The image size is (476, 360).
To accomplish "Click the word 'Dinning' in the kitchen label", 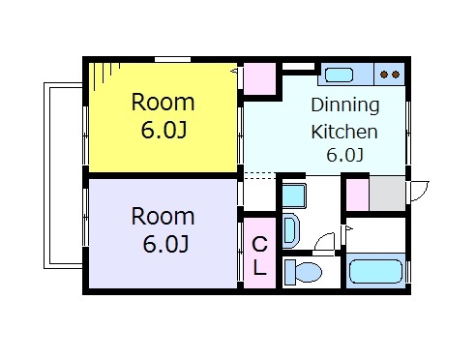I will click(344, 105).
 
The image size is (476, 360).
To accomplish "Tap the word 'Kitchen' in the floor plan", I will click(343, 131).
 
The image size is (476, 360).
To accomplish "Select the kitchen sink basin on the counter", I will click(339, 73).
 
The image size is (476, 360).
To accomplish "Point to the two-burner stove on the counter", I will click(390, 74).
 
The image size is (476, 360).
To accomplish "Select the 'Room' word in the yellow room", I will click(163, 103).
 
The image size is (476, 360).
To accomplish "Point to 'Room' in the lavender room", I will click(163, 216).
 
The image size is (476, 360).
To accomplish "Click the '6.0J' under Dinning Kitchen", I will click(343, 155).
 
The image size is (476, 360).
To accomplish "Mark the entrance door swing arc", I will click(418, 191).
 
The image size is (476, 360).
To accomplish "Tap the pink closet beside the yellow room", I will click(258, 77).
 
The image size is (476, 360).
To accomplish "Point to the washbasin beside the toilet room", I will click(293, 231).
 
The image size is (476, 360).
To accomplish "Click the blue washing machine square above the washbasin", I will click(293, 194).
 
